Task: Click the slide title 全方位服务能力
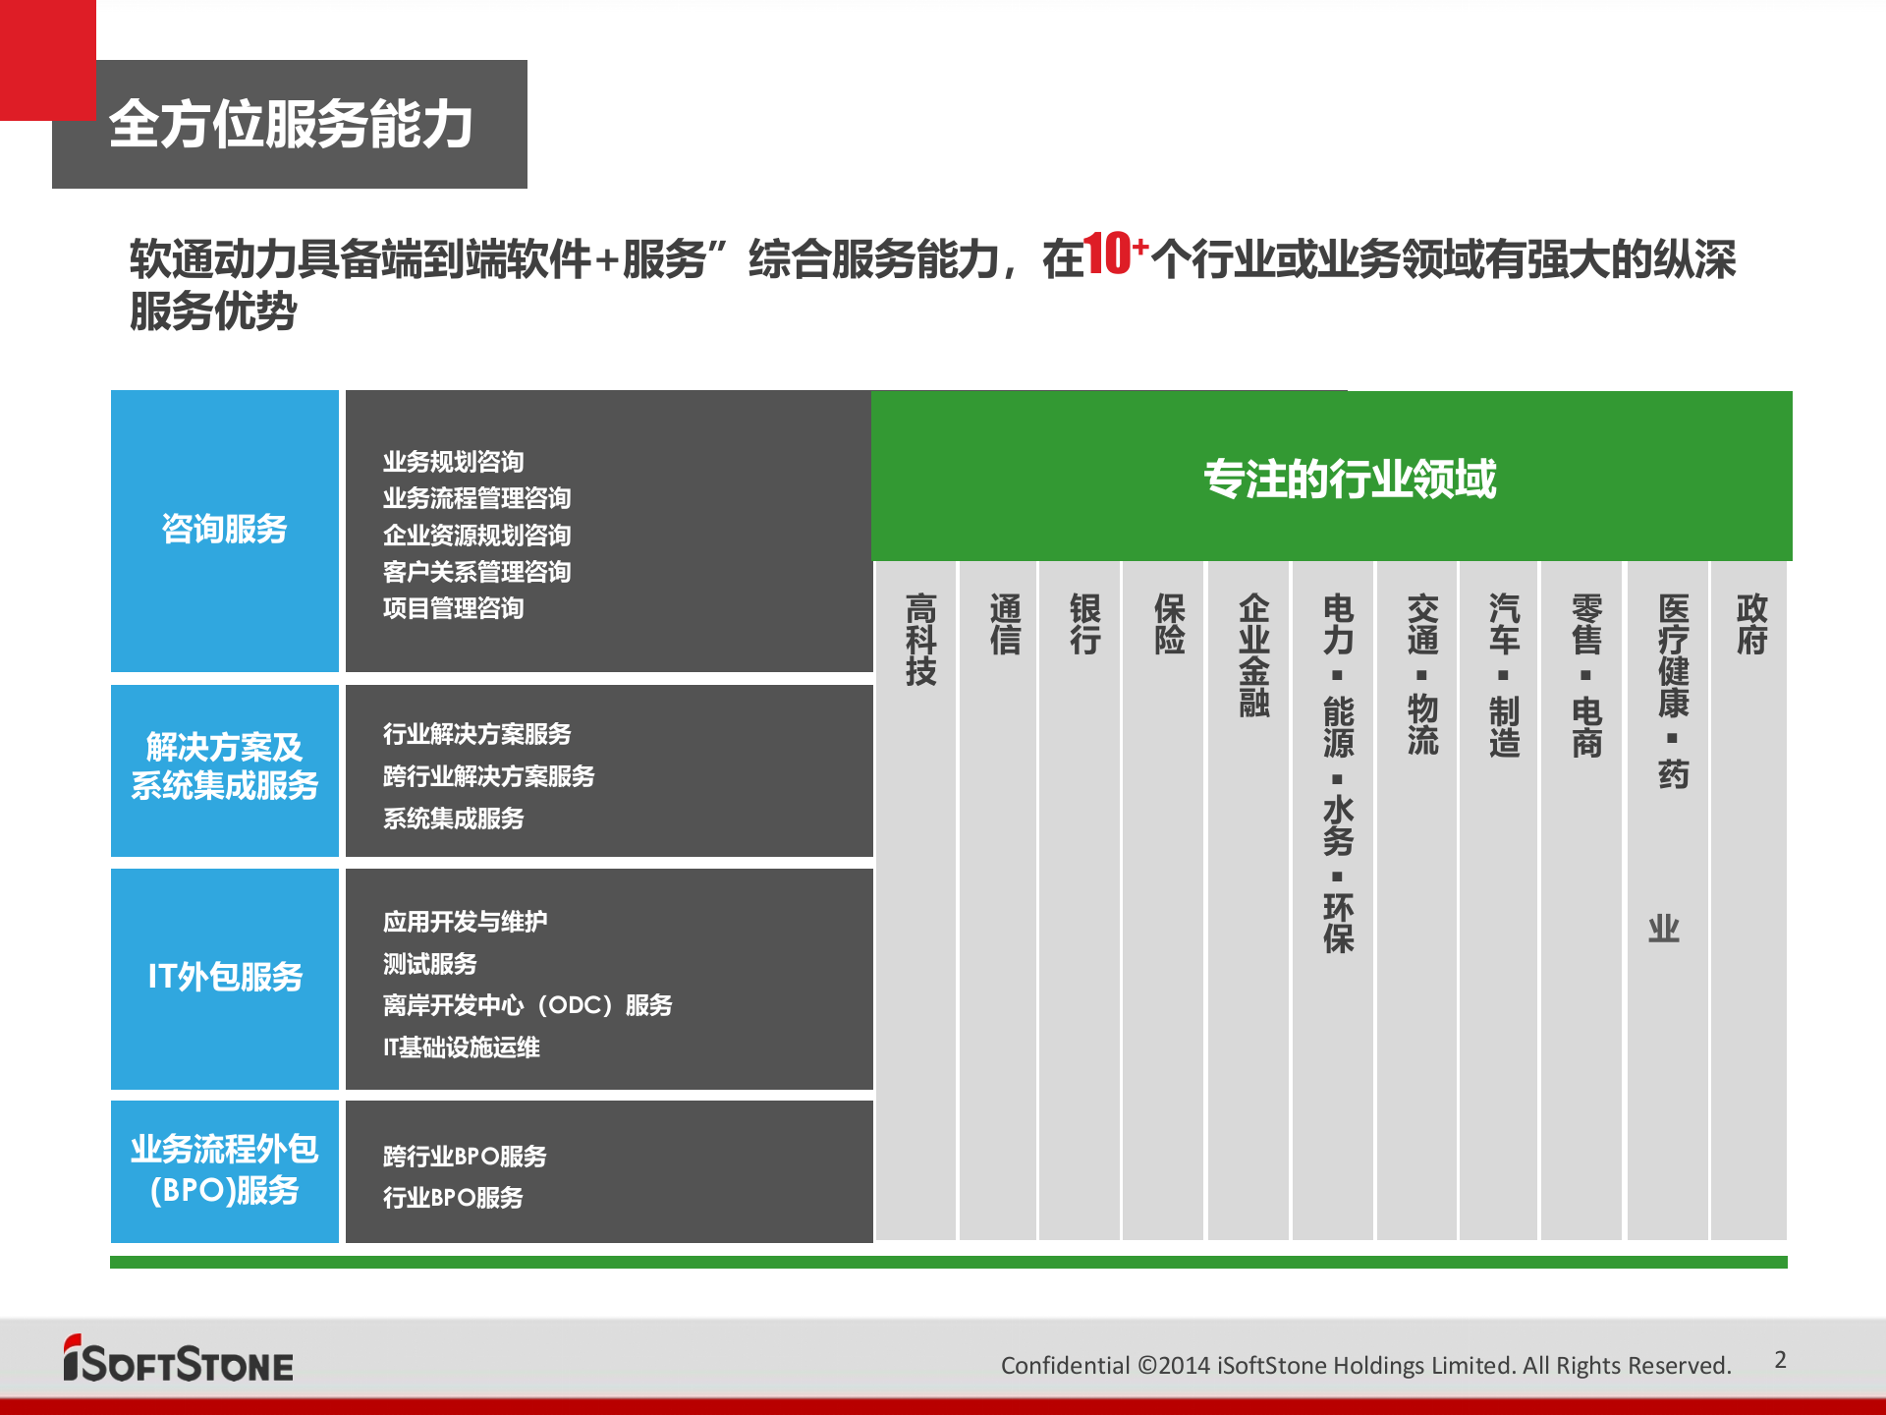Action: coord(291,125)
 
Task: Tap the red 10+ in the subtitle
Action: coord(1114,255)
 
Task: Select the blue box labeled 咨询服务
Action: coord(224,530)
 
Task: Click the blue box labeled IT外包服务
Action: coord(224,977)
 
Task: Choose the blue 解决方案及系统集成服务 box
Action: coord(224,766)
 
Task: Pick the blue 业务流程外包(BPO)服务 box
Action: coord(224,1169)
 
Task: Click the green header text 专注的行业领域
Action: coord(1350,480)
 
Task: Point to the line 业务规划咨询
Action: coord(453,462)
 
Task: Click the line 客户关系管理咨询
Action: coord(476,572)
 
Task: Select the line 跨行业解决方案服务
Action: coord(488,776)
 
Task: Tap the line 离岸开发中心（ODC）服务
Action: coord(527,1005)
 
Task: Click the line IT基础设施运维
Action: coord(461,1047)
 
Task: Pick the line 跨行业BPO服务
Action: coord(465,1156)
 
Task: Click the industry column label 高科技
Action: coord(920,639)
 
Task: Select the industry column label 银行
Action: coord(1084,624)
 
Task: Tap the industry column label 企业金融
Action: coord(1253,654)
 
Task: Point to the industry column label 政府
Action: coord(1751,624)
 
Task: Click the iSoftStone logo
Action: coord(178,1360)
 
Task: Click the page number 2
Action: coord(1780,1360)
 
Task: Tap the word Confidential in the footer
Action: coord(1065,1366)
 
